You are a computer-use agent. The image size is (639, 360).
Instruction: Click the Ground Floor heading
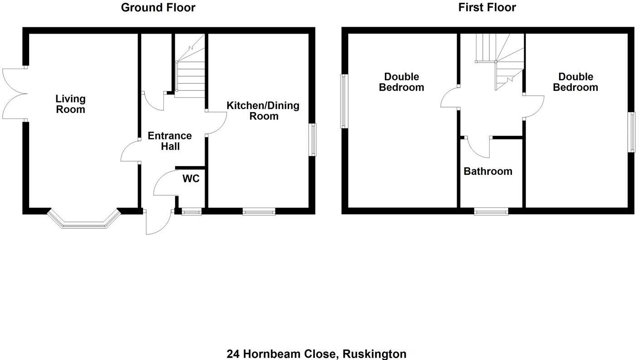point(158,7)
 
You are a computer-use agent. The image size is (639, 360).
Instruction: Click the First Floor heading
point(487,7)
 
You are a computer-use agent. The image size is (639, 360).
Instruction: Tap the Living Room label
point(70,104)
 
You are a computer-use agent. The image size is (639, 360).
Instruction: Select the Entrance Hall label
point(170,141)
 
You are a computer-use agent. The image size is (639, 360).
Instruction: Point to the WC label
point(191,178)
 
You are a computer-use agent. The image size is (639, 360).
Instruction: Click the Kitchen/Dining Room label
point(263,111)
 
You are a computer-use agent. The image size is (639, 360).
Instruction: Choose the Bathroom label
point(488,171)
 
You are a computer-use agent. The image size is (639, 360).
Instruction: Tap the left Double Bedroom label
point(401,82)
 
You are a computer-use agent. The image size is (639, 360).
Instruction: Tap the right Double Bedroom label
point(575,82)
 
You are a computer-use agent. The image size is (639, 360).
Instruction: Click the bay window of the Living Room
point(84,222)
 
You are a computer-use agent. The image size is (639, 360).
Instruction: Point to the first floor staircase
point(499,61)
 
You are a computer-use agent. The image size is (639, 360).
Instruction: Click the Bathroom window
point(491,211)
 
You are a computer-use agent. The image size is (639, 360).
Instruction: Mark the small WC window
point(192,211)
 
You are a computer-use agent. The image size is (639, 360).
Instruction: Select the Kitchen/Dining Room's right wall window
point(313,140)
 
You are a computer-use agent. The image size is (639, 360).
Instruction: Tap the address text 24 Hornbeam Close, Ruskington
point(316,354)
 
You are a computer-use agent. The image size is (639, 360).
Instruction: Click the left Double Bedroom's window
point(344,101)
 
